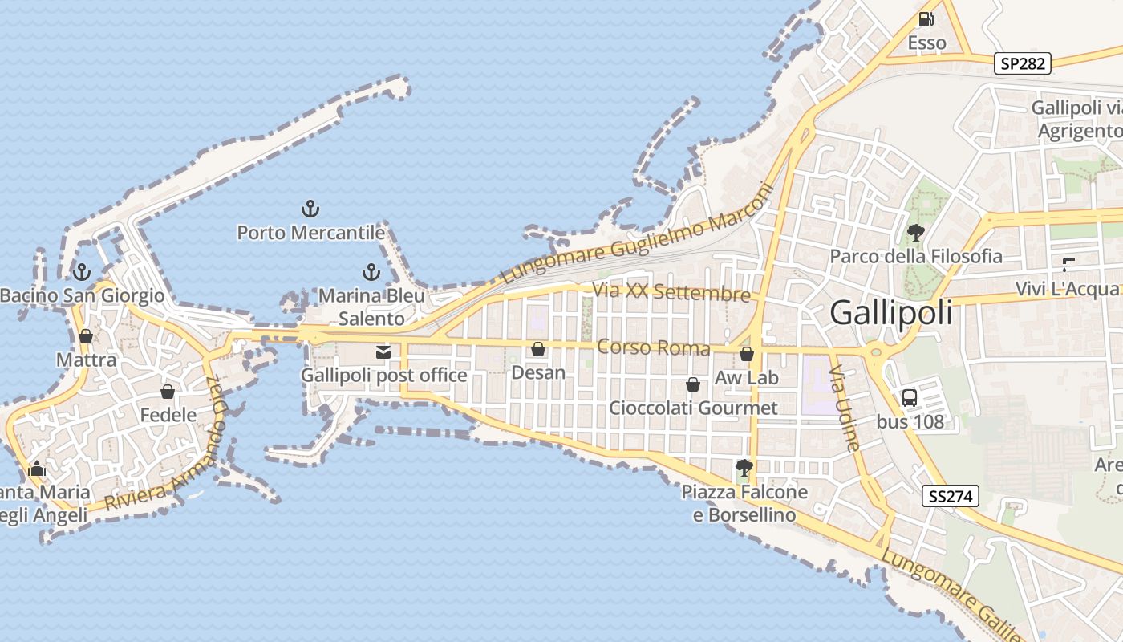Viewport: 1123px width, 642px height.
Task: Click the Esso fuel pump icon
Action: [x=926, y=18]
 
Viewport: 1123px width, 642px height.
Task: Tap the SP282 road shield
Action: [x=1023, y=63]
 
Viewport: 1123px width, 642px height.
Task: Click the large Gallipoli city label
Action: [x=891, y=312]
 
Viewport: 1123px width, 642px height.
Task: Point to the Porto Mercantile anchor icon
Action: [x=310, y=209]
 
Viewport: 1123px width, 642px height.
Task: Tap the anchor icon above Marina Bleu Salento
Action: [x=371, y=272]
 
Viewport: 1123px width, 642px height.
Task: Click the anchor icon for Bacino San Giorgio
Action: [x=81, y=272]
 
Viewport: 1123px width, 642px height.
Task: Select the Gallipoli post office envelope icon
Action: [x=383, y=351]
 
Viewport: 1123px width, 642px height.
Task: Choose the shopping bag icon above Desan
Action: [x=538, y=349]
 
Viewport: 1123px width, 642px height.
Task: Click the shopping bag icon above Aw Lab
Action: [x=747, y=354]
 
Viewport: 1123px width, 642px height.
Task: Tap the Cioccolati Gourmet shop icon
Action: [x=693, y=385]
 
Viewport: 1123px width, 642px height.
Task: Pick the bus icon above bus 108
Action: [x=910, y=397]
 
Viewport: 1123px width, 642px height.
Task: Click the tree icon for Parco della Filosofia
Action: [x=915, y=233]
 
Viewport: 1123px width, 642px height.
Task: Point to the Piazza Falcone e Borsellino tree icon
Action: [x=744, y=467]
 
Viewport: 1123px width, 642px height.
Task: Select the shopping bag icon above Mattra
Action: [x=86, y=336]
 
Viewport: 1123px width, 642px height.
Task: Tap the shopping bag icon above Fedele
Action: [x=168, y=392]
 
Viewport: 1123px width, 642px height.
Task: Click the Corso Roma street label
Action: [x=654, y=347]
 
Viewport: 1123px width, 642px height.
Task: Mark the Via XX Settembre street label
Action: [x=671, y=291]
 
